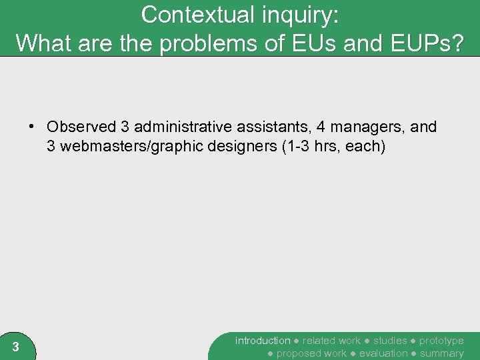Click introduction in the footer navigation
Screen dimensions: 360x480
pyautogui.click(x=263, y=341)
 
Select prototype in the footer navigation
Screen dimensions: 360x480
pyautogui.click(x=441, y=341)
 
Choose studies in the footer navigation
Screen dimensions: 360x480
pyautogui.click(x=390, y=341)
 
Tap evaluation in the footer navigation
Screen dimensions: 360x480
pyautogui.click(x=383, y=353)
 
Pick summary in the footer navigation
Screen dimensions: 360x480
pyautogui.click(x=441, y=353)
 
